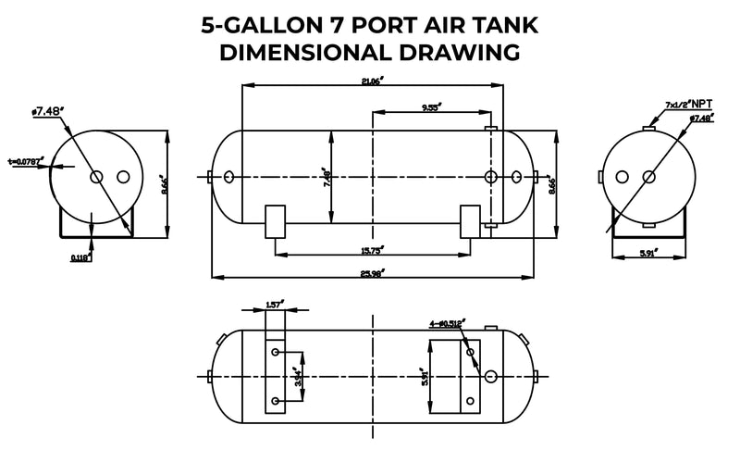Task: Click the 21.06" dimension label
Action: pyautogui.click(x=374, y=81)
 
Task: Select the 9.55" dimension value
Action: pyautogui.click(x=430, y=108)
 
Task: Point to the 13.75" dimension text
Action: pyautogui.click(x=373, y=250)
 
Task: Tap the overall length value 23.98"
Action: pyautogui.click(x=373, y=270)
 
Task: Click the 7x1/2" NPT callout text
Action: pyautogui.click(x=687, y=106)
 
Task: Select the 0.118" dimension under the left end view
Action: pyautogui.click(x=80, y=258)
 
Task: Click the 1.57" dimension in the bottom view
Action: pyautogui.click(x=274, y=304)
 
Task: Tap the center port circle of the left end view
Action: pyautogui.click(x=96, y=177)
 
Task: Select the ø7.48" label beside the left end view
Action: pyautogui.click(x=47, y=112)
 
